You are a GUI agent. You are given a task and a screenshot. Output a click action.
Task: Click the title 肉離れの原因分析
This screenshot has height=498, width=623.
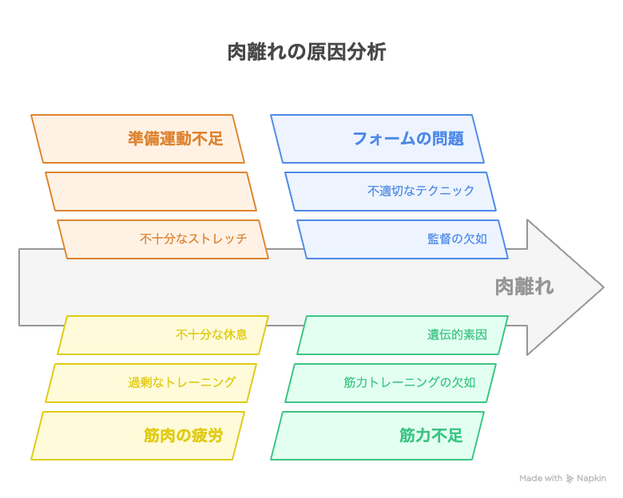click(x=307, y=52)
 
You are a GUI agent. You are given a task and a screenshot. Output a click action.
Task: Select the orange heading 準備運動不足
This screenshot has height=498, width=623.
click(x=175, y=139)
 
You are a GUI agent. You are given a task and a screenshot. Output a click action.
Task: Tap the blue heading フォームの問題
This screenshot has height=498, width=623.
click(x=408, y=139)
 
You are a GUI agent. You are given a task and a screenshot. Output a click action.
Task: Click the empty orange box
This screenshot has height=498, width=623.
click(x=151, y=192)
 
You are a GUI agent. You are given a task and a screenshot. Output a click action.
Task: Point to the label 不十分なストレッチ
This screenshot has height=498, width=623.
click(x=193, y=239)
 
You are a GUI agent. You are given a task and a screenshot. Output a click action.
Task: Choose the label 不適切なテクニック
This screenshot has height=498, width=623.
click(x=421, y=191)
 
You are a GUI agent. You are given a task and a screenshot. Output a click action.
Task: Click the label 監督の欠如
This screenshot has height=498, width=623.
click(x=457, y=239)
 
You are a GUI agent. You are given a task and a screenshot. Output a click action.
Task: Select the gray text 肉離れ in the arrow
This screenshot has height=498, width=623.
click(x=524, y=287)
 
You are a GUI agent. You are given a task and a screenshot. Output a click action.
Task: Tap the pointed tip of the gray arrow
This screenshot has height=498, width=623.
click(x=604, y=287)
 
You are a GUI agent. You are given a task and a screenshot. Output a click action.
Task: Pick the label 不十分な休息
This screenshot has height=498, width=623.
click(x=212, y=334)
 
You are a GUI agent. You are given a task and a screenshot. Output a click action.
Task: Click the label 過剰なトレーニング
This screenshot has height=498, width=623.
click(x=181, y=382)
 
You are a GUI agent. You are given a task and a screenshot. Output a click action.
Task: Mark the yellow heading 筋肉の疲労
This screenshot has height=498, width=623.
click(x=183, y=436)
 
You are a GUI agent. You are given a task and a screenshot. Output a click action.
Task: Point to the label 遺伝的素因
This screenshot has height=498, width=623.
click(x=457, y=334)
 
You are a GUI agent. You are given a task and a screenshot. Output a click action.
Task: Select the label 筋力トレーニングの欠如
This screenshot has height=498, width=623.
click(x=409, y=382)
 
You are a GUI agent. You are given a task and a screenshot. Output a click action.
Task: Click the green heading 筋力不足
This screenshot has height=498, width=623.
click(x=431, y=436)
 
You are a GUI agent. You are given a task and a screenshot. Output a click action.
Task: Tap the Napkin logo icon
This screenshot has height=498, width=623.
click(x=569, y=479)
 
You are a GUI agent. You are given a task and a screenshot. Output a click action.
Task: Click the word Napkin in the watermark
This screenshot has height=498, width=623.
click(x=591, y=479)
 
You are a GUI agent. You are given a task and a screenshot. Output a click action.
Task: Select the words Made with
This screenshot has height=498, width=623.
click(x=541, y=478)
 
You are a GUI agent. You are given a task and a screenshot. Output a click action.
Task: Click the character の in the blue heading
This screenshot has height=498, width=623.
click(x=423, y=139)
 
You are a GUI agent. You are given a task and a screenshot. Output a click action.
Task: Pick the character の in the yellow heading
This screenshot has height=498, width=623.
click(x=183, y=436)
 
